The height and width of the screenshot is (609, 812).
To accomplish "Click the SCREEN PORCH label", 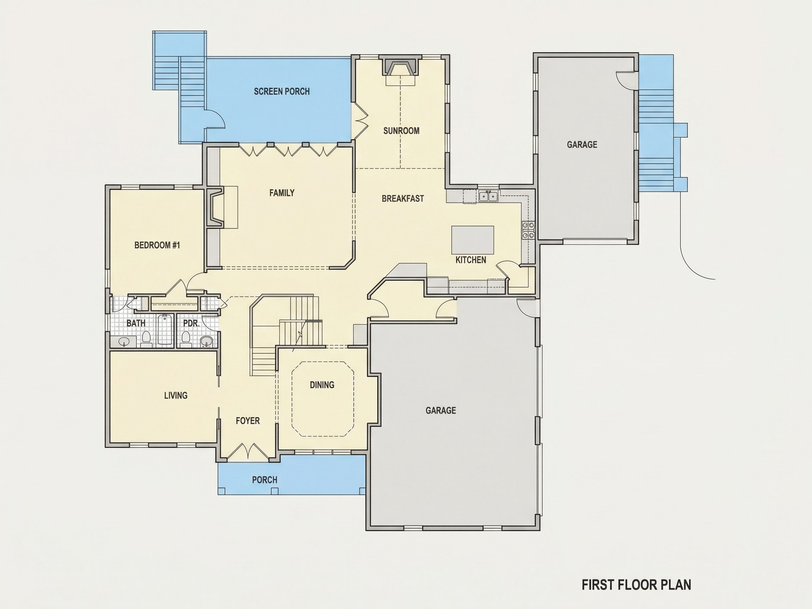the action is [282, 91].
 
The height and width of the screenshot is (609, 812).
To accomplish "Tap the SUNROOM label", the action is [401, 131].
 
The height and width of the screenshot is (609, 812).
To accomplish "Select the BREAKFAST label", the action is [403, 199].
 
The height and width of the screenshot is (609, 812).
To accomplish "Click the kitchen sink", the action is [488, 196].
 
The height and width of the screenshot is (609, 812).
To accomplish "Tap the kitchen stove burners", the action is [528, 230].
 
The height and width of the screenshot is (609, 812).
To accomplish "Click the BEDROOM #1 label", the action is [157, 245].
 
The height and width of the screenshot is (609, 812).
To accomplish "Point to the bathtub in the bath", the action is [165, 329].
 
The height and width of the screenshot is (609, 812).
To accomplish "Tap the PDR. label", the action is [191, 324].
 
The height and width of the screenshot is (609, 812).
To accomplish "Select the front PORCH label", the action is [264, 480].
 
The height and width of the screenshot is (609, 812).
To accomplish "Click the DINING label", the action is [322, 385].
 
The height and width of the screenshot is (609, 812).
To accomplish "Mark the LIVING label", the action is [176, 395].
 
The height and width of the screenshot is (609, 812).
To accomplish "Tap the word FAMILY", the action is [282, 193].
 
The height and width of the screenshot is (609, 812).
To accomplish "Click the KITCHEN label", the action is [470, 260].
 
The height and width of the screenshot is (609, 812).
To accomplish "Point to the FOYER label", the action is [247, 421].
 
